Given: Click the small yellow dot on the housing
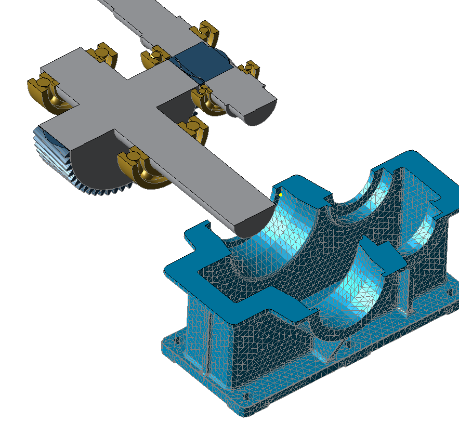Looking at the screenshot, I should pyautogui.click(x=281, y=195).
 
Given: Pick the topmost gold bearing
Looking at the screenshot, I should pyautogui.click(x=208, y=32).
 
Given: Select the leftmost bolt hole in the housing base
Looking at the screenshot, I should pyautogui.click(x=175, y=341).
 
